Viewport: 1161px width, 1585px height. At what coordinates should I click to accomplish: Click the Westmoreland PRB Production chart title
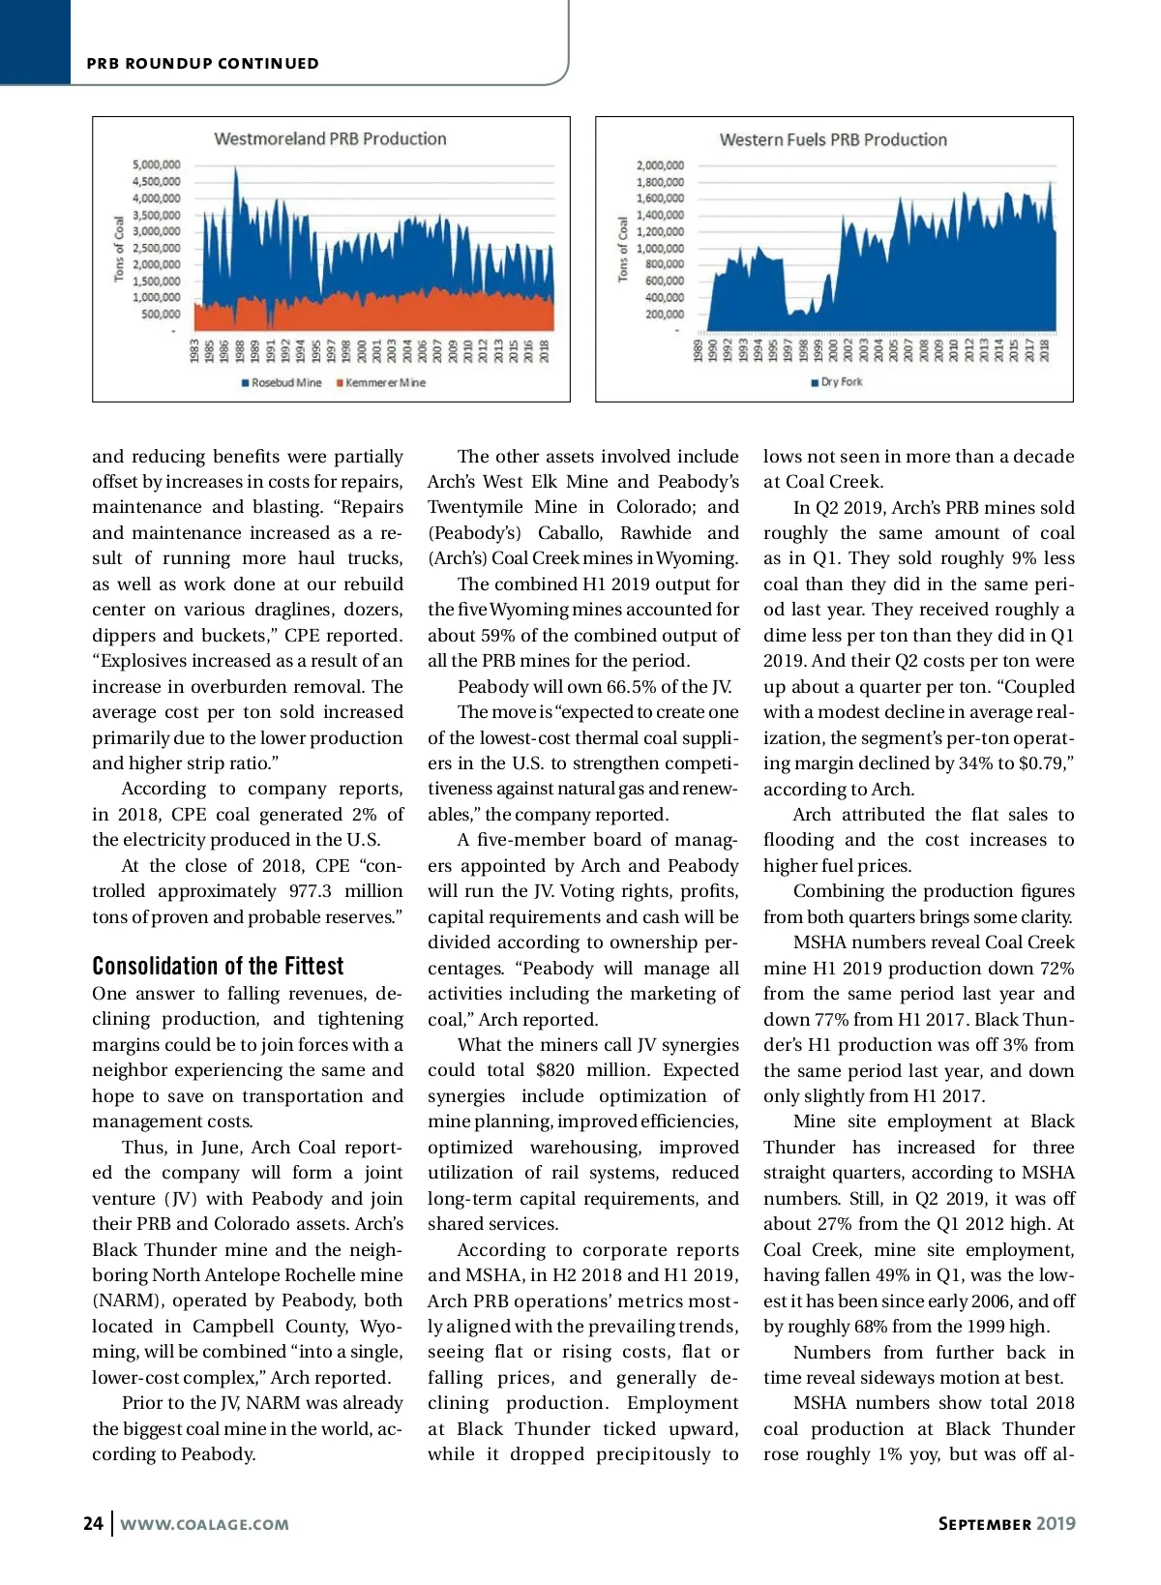coord(330,138)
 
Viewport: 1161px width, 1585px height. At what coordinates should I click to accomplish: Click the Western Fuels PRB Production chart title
coord(833,139)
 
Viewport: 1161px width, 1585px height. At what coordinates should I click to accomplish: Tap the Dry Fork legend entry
coord(837,382)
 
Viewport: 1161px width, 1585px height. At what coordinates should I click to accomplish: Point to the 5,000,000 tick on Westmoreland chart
coord(157,164)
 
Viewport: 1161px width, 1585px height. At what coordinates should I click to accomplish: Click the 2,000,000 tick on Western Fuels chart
coord(660,165)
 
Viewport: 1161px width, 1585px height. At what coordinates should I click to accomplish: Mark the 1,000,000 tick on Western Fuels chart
coord(660,248)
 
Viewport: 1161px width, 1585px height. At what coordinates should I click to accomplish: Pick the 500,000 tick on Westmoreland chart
coord(161,314)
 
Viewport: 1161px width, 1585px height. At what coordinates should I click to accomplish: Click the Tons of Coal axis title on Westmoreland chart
coord(120,249)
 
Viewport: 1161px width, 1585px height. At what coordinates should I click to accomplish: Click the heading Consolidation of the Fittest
coord(218,966)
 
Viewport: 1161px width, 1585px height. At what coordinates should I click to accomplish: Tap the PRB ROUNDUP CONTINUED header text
coord(202,64)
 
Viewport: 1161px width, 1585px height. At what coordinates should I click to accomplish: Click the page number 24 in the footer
coord(93,1523)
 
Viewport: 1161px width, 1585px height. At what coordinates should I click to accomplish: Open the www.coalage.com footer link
coord(204,1524)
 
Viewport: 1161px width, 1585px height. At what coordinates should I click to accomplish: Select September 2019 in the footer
coord(1006,1523)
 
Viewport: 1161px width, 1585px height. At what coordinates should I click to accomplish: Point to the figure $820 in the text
coord(555,1070)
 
